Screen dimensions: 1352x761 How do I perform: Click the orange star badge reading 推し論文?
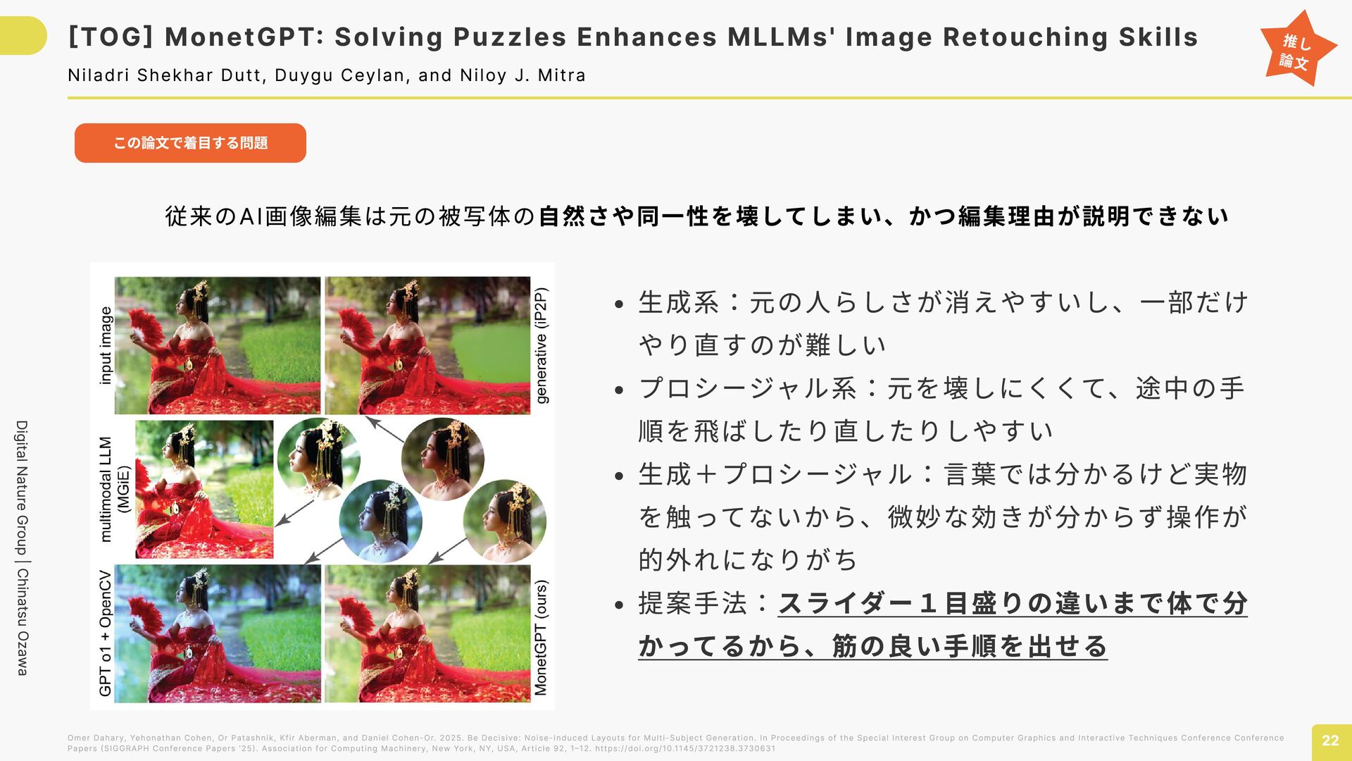point(1298,49)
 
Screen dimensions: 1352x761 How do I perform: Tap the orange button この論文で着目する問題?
point(190,143)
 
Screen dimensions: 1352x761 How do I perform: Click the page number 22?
point(1330,741)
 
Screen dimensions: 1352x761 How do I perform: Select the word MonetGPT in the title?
point(240,37)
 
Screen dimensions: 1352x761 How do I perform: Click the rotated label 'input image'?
point(106,345)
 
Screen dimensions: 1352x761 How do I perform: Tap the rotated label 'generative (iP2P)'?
point(541,345)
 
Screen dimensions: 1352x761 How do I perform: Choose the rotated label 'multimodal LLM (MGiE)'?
point(113,489)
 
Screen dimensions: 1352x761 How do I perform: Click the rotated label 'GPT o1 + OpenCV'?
point(106,633)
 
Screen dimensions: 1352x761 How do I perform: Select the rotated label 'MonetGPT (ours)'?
point(541,638)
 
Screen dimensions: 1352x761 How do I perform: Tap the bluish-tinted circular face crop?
point(381,522)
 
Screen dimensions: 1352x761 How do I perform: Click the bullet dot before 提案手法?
point(620,605)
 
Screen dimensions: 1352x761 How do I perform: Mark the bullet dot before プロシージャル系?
point(620,390)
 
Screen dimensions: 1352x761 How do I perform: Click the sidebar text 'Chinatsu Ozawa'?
point(23,622)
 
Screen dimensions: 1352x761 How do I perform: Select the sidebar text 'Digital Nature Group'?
point(23,488)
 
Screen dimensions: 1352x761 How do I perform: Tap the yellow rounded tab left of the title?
point(23,35)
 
